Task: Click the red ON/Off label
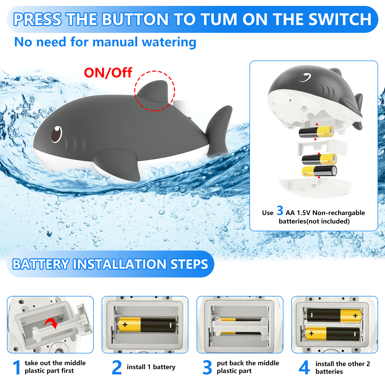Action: pos(108,73)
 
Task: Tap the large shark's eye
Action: pos(56,134)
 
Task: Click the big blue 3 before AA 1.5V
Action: pos(280,211)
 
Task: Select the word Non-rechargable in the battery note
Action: pos(339,213)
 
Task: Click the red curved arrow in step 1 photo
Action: pos(52,323)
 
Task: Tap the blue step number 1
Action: pos(17,367)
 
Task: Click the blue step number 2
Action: pos(117,367)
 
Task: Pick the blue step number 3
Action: pos(207,367)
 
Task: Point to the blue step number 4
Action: pos(304,367)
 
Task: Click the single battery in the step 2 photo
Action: pos(147,325)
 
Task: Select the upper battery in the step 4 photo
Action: pos(334,315)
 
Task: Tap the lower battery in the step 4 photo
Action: pos(333,334)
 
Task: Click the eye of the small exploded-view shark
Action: pos(305,77)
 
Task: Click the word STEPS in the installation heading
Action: pos(189,264)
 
